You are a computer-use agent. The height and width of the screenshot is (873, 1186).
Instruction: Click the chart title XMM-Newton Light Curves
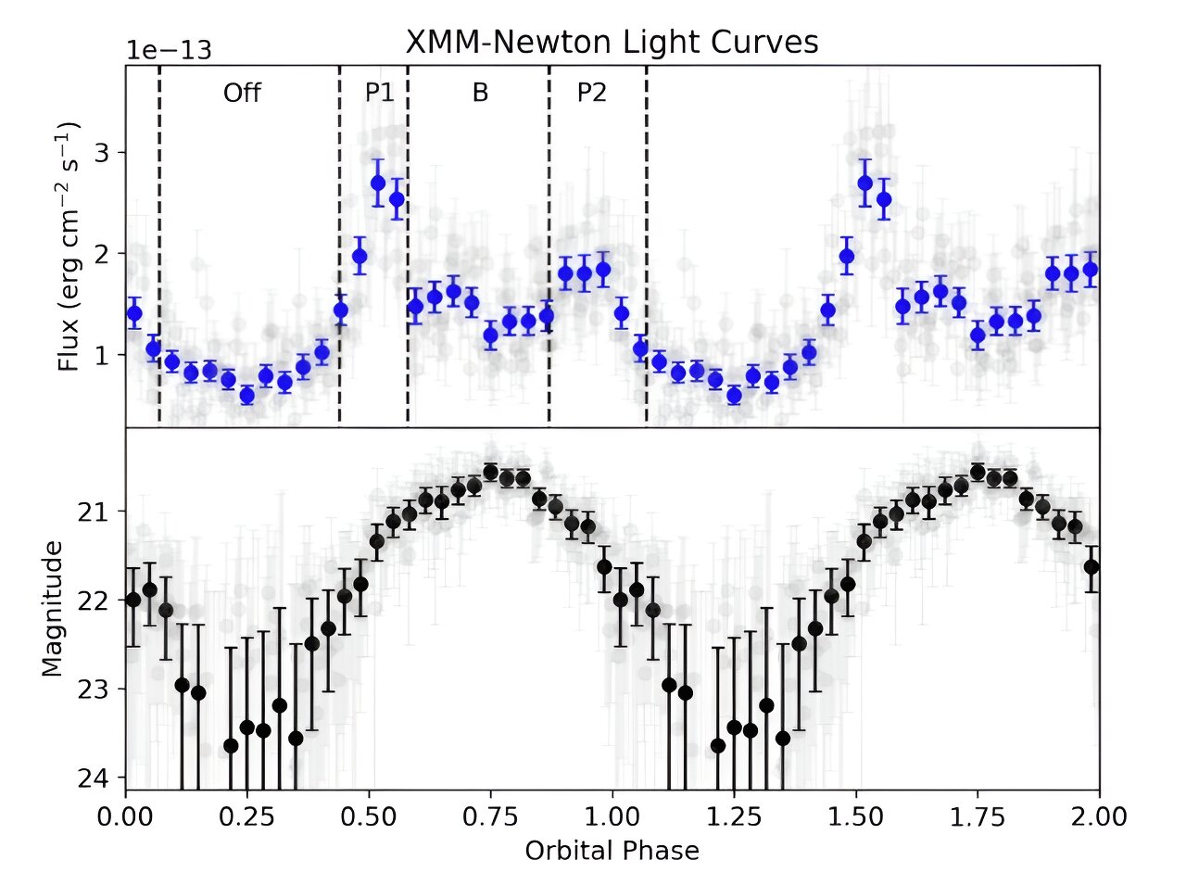(x=612, y=43)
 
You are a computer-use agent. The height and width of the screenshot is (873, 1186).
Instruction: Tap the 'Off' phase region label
(x=242, y=94)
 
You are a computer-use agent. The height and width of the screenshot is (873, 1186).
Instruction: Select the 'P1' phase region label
(x=378, y=94)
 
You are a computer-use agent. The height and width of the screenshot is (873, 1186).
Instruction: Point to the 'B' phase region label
(x=480, y=94)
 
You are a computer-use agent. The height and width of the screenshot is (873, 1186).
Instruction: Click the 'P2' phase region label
(x=591, y=94)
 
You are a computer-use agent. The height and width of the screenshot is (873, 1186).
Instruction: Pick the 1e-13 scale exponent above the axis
(x=170, y=50)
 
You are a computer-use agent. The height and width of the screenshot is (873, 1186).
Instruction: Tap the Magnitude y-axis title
(x=53, y=608)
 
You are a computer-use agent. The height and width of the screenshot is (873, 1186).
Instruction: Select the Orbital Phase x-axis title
(x=612, y=849)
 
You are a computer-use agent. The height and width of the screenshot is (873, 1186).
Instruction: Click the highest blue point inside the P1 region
(x=378, y=183)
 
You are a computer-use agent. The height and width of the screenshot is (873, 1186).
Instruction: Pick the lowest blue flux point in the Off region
(x=247, y=396)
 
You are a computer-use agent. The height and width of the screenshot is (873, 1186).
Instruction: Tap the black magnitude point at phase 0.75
(x=491, y=472)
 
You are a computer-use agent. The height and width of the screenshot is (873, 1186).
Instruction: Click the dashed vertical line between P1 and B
(x=408, y=246)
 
